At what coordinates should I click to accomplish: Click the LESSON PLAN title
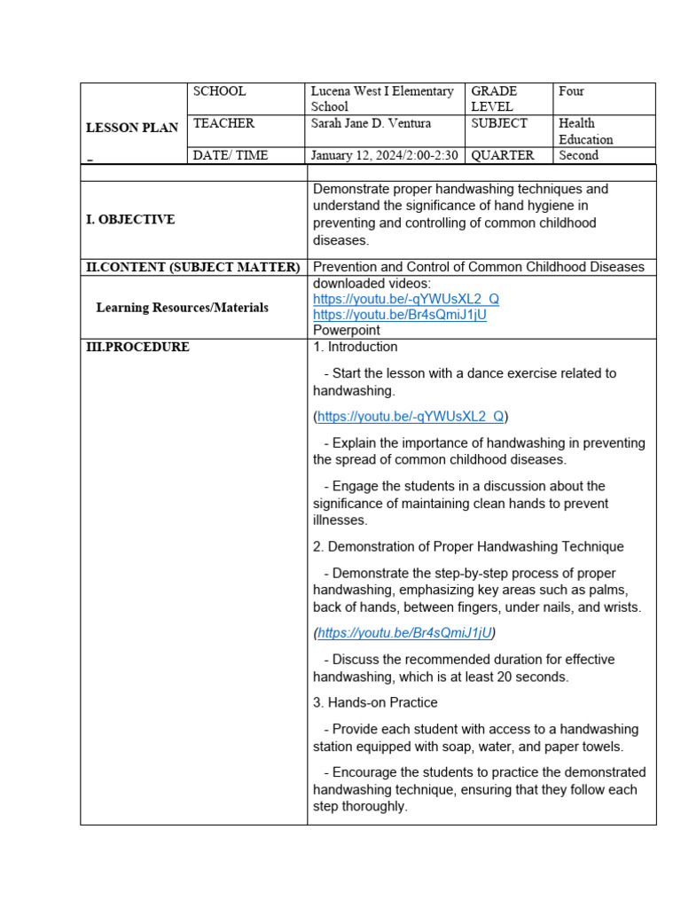pos(131,128)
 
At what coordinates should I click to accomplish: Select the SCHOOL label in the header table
pos(219,91)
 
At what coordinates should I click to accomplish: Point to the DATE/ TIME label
pos(230,155)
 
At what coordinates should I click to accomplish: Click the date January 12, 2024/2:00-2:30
pos(384,155)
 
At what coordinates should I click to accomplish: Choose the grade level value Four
pos(571,91)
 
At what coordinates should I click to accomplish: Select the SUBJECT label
pos(499,123)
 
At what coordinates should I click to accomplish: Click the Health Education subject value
pos(585,131)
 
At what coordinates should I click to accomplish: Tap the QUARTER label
pos(503,155)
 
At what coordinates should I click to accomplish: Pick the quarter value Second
pos(578,155)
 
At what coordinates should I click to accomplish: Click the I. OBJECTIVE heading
pos(130,220)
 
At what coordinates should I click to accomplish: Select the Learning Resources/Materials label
pos(182,308)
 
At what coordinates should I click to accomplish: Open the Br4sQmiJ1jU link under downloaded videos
pos(400,315)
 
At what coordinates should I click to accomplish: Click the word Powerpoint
pos(347,330)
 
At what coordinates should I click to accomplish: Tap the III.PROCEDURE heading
pos(137,348)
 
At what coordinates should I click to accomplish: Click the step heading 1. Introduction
pos(356,347)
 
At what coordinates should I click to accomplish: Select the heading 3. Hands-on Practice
pos(375,702)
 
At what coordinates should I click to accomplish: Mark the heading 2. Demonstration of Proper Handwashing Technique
pos(468,546)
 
